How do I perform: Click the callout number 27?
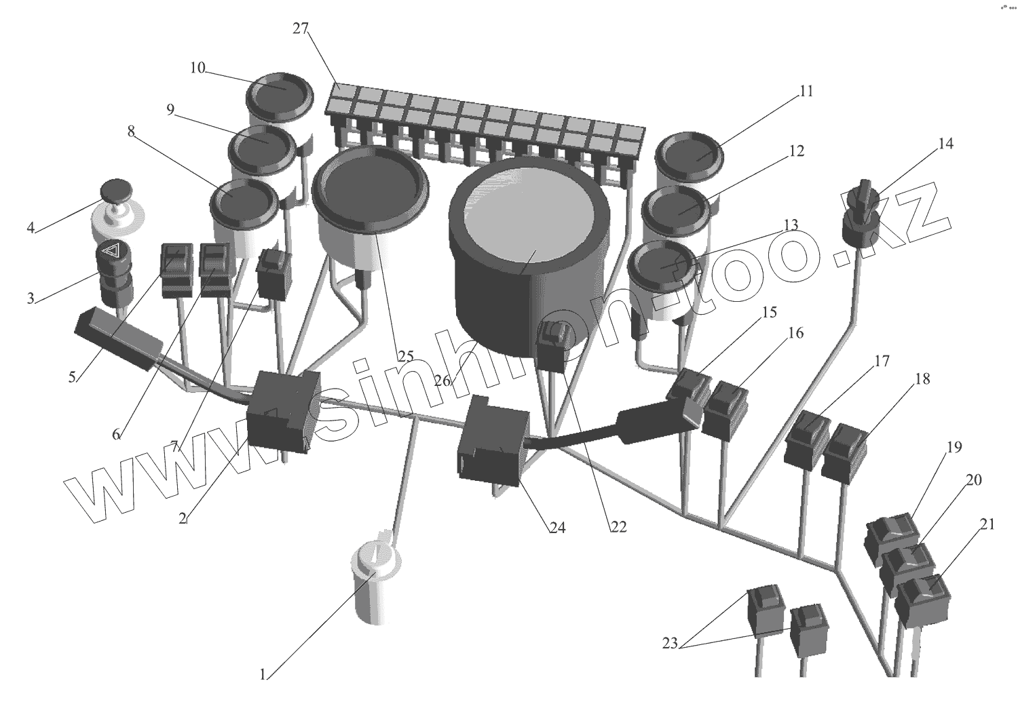(x=301, y=28)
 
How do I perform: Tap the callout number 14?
(x=945, y=144)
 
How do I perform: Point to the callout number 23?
(x=670, y=643)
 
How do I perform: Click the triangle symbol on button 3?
(x=110, y=252)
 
